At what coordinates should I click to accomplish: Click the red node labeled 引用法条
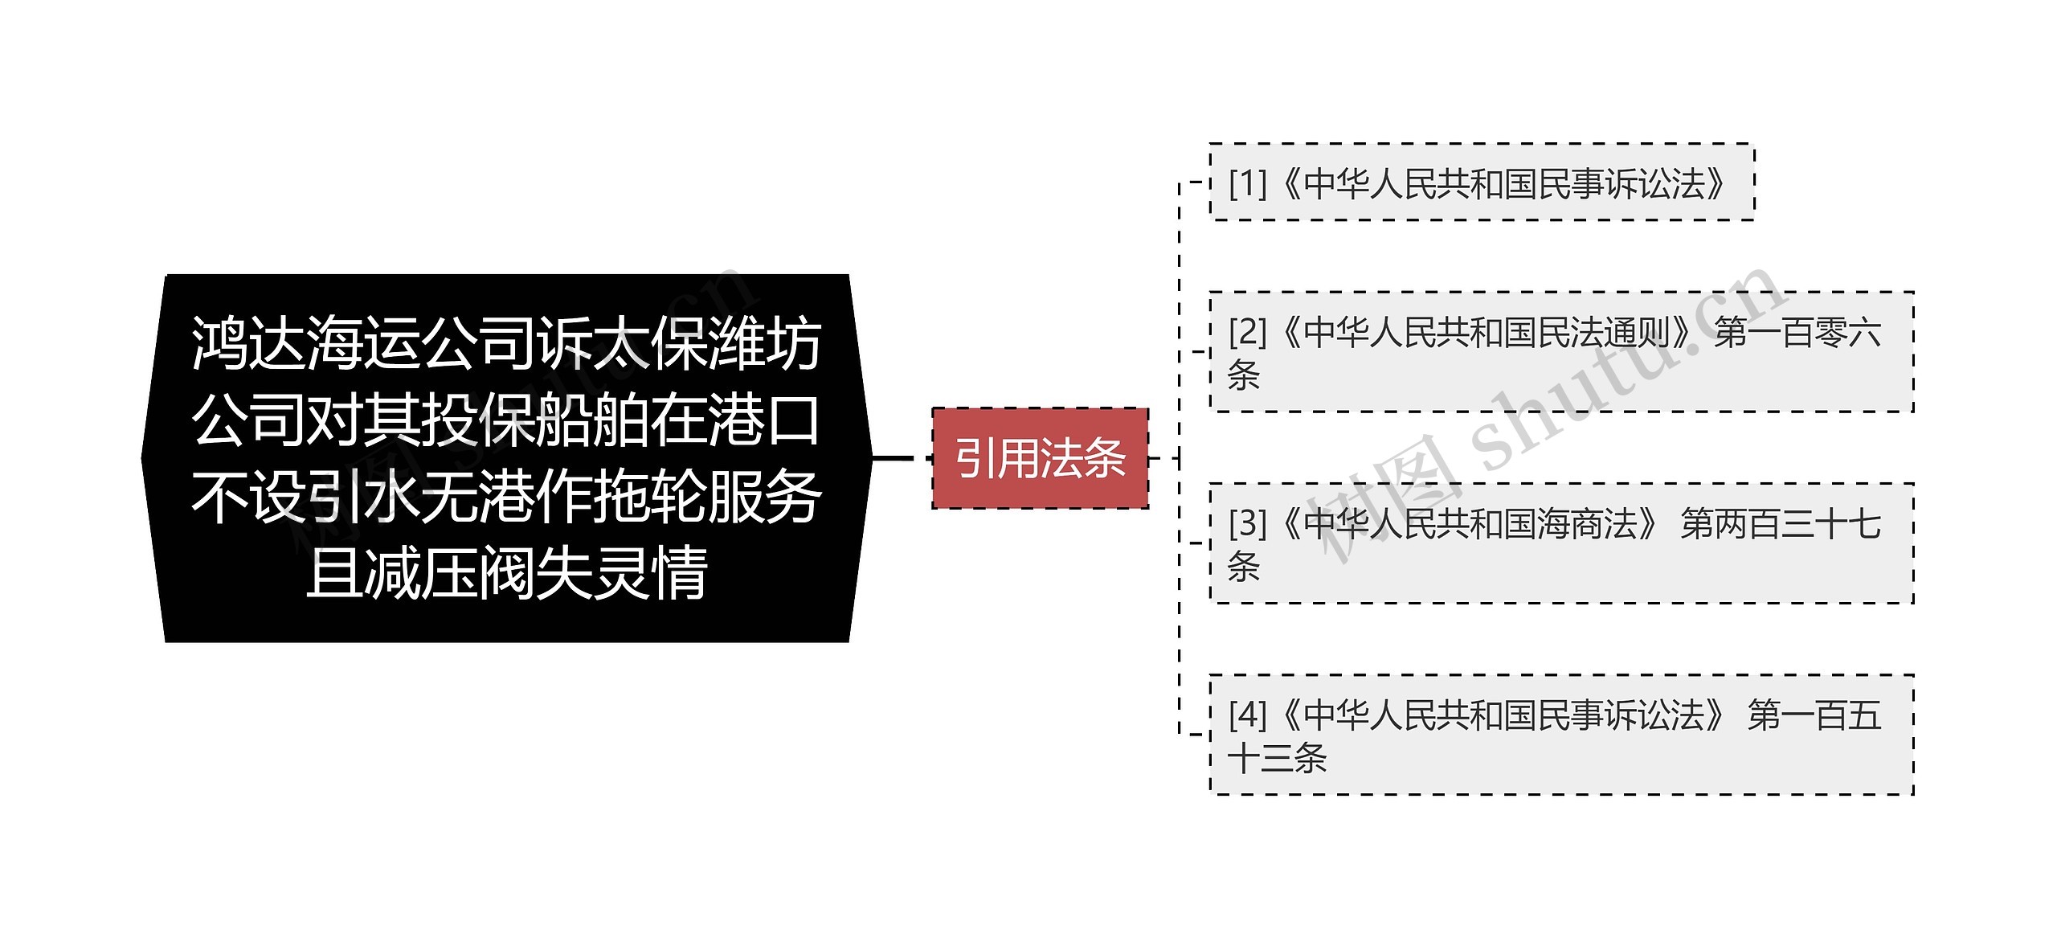(x=1040, y=458)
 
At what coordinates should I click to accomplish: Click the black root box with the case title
(x=506, y=458)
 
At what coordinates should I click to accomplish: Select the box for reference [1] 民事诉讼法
(x=1482, y=182)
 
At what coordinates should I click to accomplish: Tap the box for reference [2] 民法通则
(x=1561, y=352)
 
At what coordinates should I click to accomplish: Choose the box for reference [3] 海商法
(x=1561, y=543)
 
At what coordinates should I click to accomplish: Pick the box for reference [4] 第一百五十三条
(x=1561, y=735)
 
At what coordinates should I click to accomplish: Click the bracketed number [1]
(x=1247, y=184)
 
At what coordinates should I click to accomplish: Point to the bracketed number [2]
(x=1247, y=332)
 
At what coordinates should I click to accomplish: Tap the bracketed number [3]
(x=1247, y=524)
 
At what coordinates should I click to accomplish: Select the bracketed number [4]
(x=1247, y=715)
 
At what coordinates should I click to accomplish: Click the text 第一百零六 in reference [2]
(x=1797, y=332)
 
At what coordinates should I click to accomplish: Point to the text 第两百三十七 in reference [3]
(x=1781, y=524)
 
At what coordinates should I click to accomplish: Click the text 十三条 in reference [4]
(x=1277, y=758)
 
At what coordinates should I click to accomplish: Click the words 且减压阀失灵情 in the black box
(x=506, y=572)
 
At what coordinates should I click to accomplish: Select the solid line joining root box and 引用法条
(x=893, y=458)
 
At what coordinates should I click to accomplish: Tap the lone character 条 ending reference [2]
(x=1243, y=375)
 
